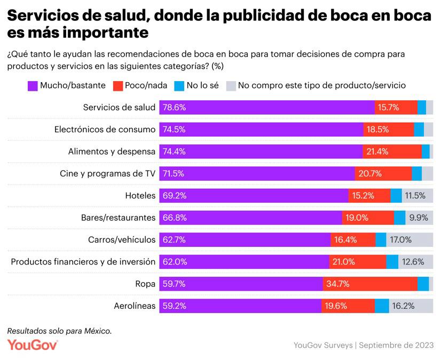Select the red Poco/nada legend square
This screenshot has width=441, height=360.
pos(117,86)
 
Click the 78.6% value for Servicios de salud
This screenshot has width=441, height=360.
pos(175,107)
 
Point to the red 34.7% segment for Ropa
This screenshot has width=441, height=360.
pos(369,284)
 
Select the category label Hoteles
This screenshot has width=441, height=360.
pos(140,195)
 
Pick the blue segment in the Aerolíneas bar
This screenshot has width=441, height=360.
pos(382,306)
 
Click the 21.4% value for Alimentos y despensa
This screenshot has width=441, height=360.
pos(377,151)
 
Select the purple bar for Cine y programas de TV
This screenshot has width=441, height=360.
pos(256,173)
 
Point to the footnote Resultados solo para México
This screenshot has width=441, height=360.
pos(59,331)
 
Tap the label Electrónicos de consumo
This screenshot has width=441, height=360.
pos(105,129)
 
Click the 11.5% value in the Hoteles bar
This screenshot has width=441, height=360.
pos(415,195)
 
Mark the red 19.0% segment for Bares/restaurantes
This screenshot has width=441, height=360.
pos(368,218)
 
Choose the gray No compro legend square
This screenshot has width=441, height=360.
pos(231,86)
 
